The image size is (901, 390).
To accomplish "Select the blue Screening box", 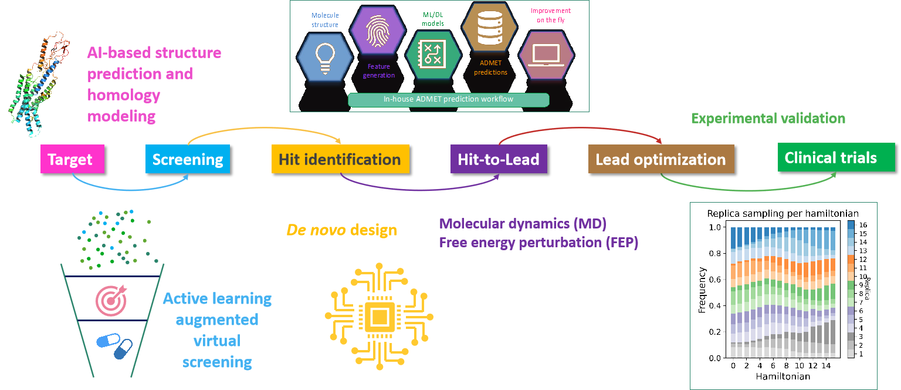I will coord(187,159).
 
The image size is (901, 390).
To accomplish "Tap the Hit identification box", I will coord(340,159).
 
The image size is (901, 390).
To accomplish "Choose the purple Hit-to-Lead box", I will coord(499,159).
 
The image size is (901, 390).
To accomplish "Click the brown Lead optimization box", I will coord(660,159).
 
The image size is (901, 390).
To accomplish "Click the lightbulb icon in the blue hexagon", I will coord(324,59).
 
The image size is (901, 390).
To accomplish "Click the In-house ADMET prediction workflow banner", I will coord(448,99).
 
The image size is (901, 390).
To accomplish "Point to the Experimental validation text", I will coord(768,118).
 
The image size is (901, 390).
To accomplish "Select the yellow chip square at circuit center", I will coord(379,317).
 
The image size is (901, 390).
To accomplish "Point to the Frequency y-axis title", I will coord(703,291).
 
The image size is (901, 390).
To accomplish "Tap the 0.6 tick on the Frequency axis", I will coord(716,280).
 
